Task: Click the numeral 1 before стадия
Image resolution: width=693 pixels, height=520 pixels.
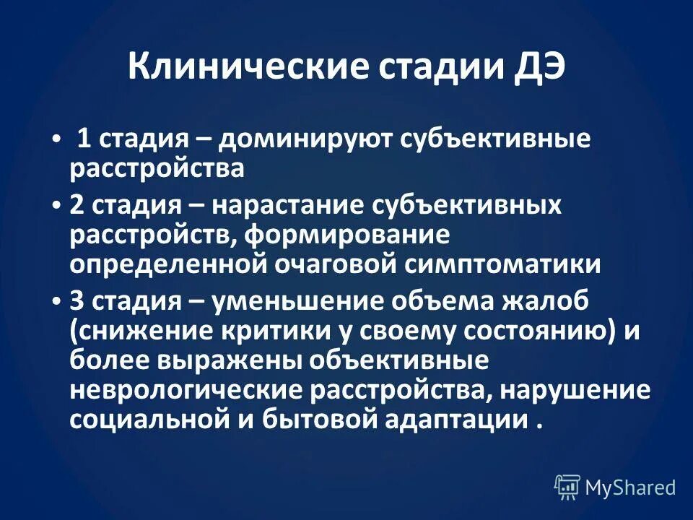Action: tap(84, 139)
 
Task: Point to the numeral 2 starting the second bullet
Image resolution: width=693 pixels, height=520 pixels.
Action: tap(77, 206)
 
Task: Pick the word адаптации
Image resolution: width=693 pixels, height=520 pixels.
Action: tap(456, 420)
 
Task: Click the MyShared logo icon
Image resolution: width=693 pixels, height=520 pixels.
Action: tap(567, 487)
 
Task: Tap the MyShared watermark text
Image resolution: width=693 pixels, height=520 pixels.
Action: tap(630, 487)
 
